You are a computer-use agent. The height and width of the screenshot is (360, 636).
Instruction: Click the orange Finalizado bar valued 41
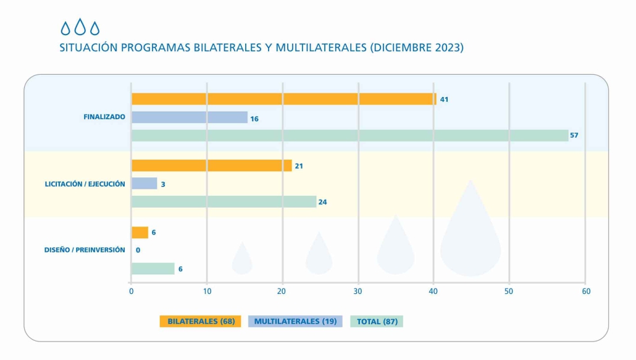(283, 99)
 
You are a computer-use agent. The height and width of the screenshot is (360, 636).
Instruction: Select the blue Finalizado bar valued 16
(189, 117)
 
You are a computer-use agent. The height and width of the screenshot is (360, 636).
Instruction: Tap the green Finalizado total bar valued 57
(349, 135)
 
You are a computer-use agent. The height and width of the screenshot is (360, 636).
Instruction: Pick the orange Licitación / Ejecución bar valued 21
(211, 165)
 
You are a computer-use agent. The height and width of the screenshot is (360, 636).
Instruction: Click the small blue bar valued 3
(144, 183)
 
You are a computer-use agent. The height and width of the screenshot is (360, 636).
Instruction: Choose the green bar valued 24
(224, 201)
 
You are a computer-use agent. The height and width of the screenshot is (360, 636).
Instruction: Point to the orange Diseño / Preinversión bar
(140, 232)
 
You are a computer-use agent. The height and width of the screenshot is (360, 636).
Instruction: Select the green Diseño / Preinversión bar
(153, 269)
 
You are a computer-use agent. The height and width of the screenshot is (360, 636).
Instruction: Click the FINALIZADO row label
(104, 117)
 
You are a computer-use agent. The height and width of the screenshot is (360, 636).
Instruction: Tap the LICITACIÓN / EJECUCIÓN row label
(85, 184)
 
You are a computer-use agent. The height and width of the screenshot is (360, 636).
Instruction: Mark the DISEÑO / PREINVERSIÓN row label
(85, 250)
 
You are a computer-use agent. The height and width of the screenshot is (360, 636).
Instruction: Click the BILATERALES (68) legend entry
(201, 321)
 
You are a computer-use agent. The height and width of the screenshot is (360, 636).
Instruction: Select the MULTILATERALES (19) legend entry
(295, 321)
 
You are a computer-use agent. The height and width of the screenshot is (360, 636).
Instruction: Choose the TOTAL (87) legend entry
(377, 321)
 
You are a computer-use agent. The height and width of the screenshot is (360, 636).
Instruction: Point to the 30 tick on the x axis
(358, 291)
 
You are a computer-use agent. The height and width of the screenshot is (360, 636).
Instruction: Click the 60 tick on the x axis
(585, 291)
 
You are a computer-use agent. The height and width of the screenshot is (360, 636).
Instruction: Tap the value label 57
(574, 135)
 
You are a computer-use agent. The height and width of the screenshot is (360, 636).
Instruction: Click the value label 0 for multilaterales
(138, 250)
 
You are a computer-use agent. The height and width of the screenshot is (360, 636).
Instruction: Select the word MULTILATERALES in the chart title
(320, 48)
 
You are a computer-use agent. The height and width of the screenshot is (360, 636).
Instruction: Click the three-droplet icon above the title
(80, 28)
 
